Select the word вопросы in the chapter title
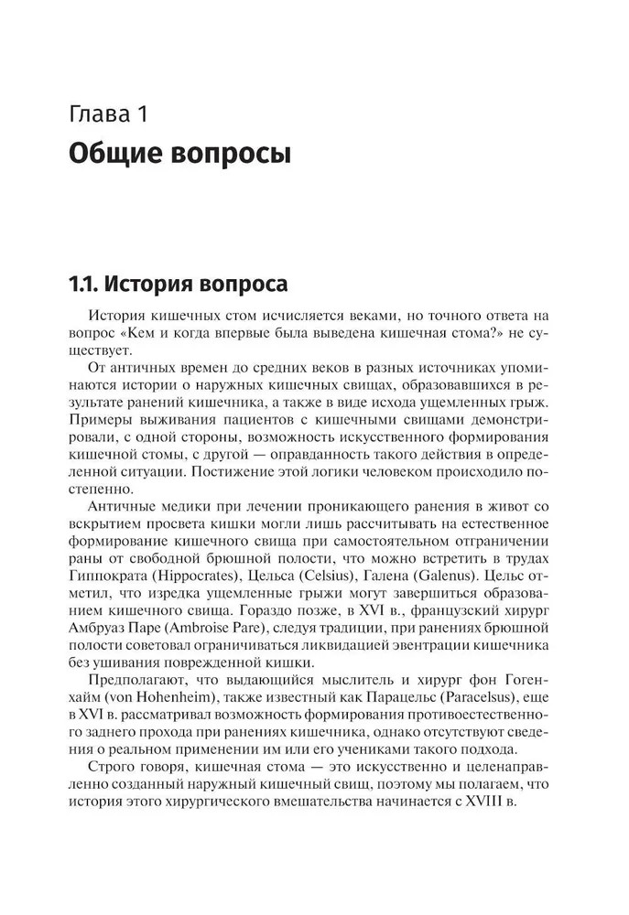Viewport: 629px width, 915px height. point(233,152)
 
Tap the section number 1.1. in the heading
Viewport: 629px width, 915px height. point(86,281)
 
